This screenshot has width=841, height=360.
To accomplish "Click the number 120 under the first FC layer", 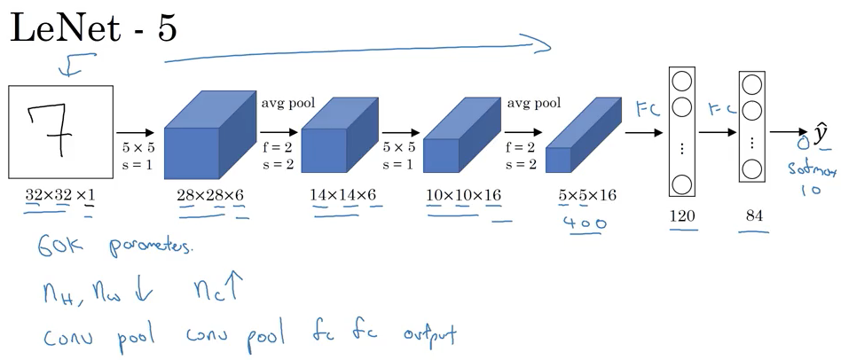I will click(684, 215).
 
